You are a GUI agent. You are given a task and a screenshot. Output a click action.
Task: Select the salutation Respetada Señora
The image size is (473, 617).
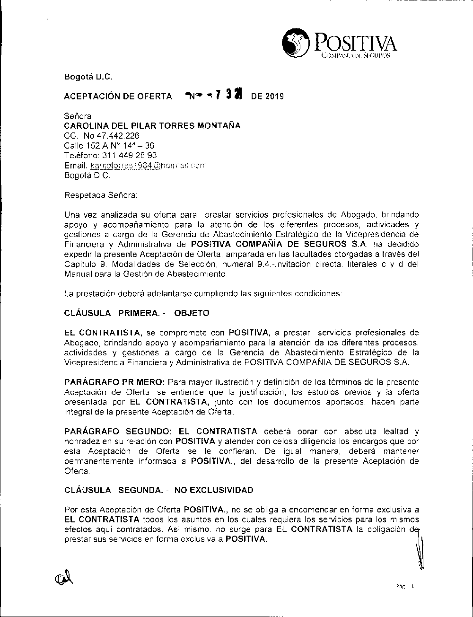[100, 194]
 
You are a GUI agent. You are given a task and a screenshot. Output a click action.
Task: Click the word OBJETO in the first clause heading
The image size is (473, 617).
[192, 313]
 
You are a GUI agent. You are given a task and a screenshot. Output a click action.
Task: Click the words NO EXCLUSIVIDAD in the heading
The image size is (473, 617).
[214, 490]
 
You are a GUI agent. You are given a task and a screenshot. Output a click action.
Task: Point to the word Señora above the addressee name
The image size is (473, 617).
[78, 116]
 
